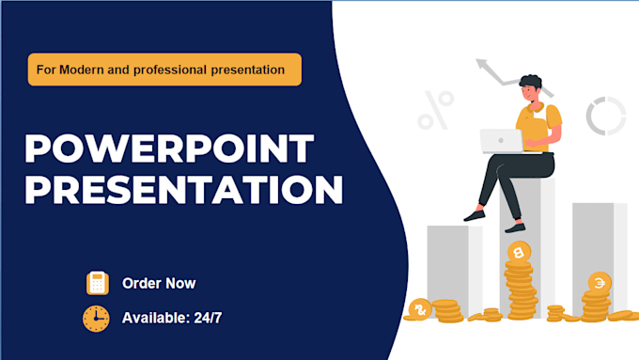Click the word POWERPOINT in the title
[169, 149]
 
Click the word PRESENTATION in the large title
[184, 190]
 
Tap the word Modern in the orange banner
[82, 70]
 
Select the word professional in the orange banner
[170, 70]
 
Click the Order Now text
[159, 283]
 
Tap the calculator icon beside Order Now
[98, 283]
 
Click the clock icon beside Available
[96, 319]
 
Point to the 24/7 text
[208, 318]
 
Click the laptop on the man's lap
[502, 141]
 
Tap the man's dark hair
[531, 82]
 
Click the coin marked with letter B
[519, 253]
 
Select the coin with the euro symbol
[600, 283]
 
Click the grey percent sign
[436, 111]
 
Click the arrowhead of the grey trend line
[482, 64]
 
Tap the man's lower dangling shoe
[515, 227]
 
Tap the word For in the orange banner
[46, 70]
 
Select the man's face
[528, 93]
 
